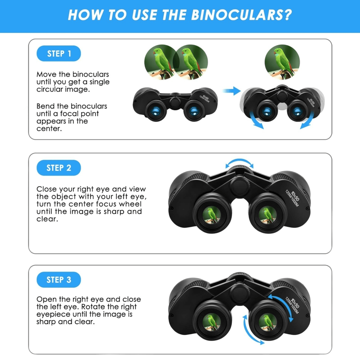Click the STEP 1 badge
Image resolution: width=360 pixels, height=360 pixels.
tap(59, 54)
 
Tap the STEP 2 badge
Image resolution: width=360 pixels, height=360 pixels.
tap(59, 168)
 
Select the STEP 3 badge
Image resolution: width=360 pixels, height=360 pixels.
tap(59, 280)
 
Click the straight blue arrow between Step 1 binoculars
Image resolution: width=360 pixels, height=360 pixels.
tap(232, 91)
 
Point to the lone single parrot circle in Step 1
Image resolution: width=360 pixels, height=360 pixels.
tap(282, 62)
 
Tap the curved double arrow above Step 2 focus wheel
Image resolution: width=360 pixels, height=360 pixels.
tap(239, 162)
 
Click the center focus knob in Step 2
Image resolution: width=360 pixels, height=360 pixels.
tap(240, 186)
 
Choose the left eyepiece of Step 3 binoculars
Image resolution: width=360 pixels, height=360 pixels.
tap(212, 320)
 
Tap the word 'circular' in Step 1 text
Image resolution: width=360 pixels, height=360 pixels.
tap(50, 89)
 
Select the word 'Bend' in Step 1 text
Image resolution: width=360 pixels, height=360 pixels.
tap(45, 106)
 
